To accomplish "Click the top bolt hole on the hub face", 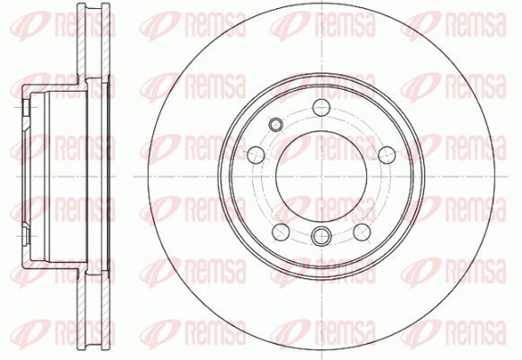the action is coord(321,107).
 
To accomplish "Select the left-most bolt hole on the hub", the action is coord(256,155).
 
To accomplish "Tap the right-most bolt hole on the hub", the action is coord(387,155).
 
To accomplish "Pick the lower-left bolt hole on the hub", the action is coord(281,232).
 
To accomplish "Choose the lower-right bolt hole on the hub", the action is coord(362,232).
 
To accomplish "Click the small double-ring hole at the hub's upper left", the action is coord(275,124).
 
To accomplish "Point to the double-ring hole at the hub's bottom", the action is coord(321,236).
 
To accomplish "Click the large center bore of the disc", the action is coord(321,176).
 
